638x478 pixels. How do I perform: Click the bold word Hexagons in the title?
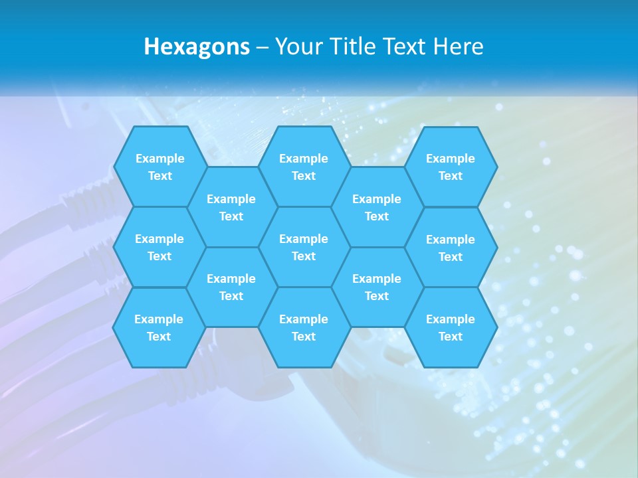(197, 46)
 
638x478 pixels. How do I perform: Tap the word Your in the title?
(298, 46)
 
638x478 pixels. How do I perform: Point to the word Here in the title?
(458, 46)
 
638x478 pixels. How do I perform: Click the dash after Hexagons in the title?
(262, 46)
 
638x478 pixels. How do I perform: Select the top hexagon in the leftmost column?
(159, 167)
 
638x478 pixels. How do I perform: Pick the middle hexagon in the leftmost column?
(159, 247)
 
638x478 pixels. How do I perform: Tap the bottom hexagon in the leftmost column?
(159, 327)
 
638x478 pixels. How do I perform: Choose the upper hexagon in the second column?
(231, 207)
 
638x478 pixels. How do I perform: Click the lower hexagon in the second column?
(231, 287)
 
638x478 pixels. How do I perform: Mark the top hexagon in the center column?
(304, 167)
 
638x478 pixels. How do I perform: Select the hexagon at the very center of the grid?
(304, 247)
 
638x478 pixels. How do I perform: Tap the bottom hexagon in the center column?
(304, 327)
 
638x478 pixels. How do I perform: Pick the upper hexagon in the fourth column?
(377, 207)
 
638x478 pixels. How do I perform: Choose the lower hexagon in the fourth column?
(377, 287)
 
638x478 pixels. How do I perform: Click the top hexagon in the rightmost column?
(451, 167)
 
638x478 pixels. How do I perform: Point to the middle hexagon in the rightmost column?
(451, 248)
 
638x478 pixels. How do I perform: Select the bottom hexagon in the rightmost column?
(451, 327)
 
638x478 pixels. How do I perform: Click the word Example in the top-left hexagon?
(159, 158)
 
